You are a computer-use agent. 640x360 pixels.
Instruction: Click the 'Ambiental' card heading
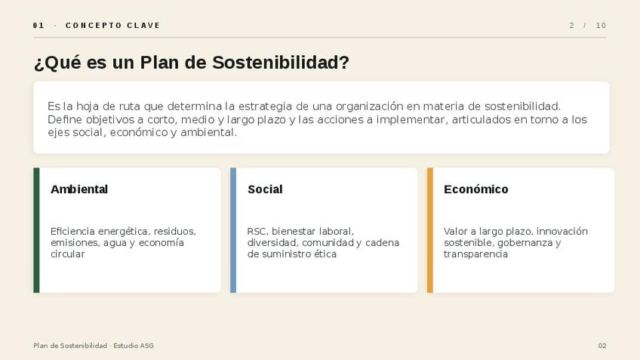pos(79,189)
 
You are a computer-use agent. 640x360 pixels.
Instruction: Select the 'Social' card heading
pos(265,189)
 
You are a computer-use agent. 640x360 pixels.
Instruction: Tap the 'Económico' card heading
pos(476,189)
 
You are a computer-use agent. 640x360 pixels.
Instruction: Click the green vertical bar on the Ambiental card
pos(36,230)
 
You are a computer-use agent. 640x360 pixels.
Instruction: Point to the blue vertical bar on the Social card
pos(233,230)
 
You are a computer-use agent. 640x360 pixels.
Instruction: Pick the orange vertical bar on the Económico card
pos(429,230)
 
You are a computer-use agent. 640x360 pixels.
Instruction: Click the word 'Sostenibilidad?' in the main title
pos(281,63)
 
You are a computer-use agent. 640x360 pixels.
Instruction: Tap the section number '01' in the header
pos(38,26)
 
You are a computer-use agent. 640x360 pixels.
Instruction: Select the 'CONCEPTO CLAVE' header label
pos(112,26)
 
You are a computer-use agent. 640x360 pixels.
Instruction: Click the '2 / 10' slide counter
pos(588,26)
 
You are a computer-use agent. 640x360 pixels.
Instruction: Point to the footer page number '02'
pos(602,346)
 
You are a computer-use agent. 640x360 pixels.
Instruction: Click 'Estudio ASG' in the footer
pos(134,346)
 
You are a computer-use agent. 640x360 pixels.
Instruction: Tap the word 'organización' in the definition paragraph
pos(369,106)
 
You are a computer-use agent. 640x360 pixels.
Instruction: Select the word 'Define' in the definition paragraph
pos(66,119)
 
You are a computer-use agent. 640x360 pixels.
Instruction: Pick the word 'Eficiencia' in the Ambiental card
pos(72,232)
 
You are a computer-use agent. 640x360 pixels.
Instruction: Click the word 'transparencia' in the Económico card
pos(476,254)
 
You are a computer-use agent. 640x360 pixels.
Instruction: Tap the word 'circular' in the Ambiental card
pos(68,254)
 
